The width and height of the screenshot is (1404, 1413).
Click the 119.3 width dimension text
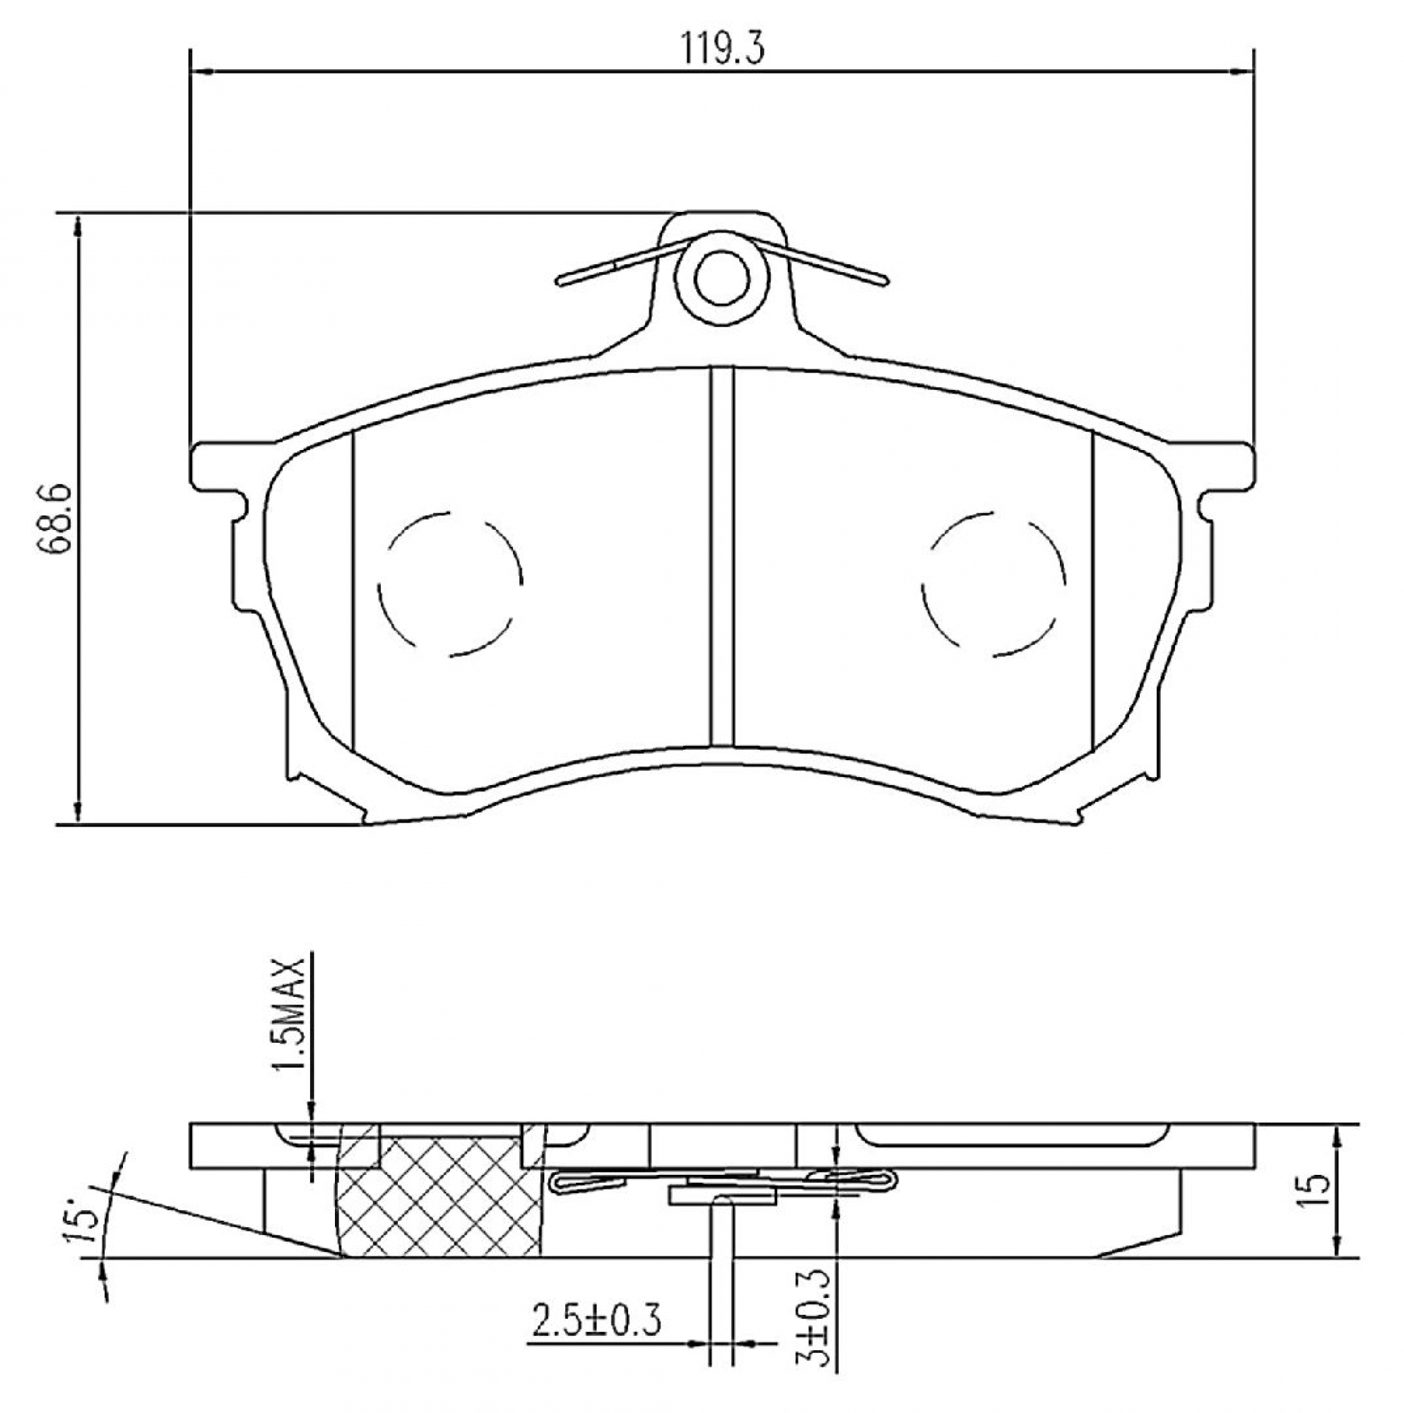pos(723,49)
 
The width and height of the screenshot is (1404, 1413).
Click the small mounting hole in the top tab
pos(721,278)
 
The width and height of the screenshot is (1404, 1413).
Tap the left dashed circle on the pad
pos(450,583)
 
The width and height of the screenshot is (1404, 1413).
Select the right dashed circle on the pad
pos(993,583)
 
